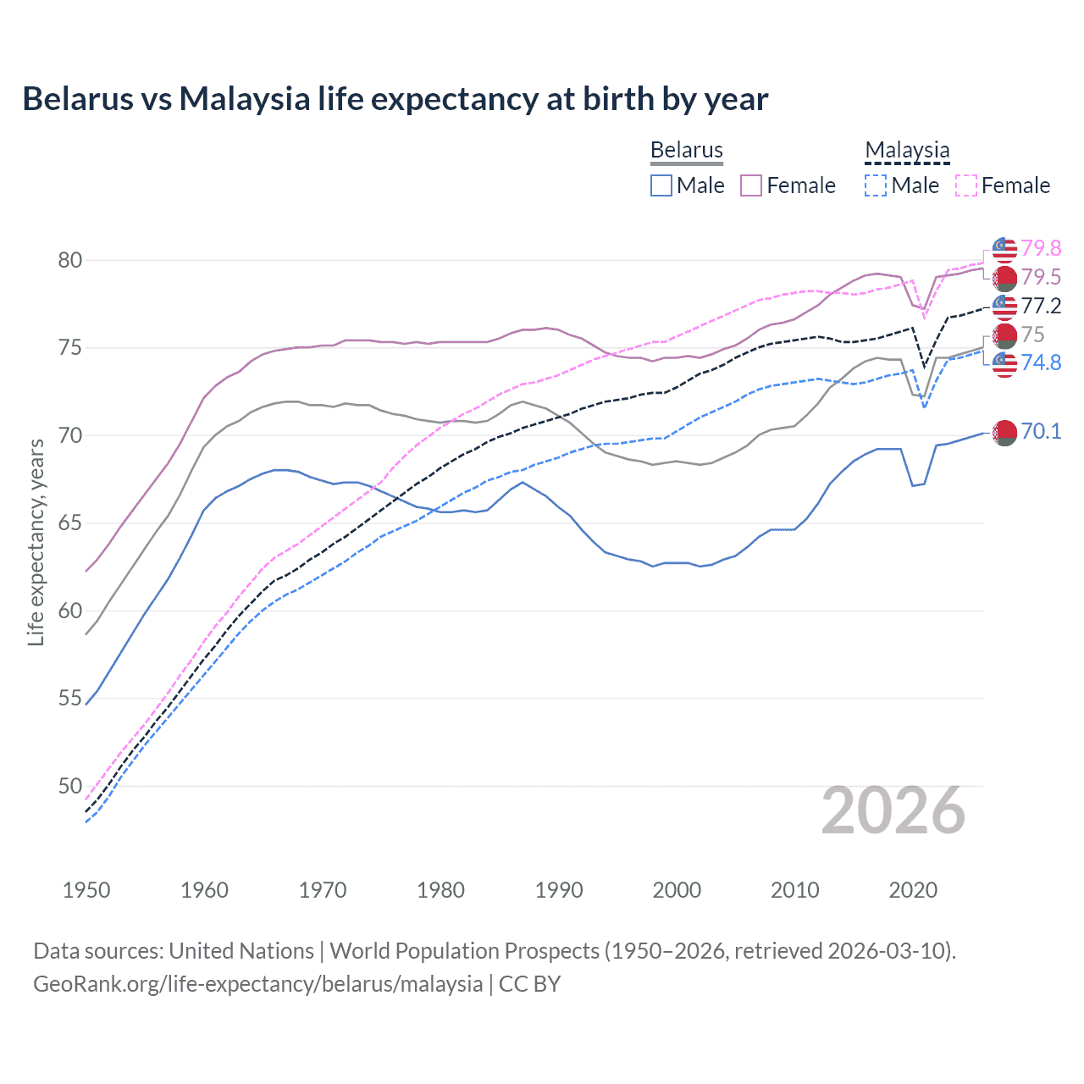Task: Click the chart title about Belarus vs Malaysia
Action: [395, 99]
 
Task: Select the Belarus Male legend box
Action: [661, 185]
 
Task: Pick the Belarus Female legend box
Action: [751, 185]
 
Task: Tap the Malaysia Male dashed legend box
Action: [876, 185]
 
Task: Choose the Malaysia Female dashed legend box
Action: [965, 185]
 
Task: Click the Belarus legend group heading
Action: [686, 150]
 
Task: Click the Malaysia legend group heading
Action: [907, 150]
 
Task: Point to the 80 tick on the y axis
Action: [70, 260]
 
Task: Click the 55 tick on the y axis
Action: [70, 699]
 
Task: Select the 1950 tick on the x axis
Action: [86, 890]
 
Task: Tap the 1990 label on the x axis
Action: [559, 890]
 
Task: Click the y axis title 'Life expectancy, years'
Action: [36, 542]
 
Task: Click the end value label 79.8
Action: [1041, 248]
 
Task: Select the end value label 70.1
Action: [1041, 431]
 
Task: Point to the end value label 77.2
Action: [1041, 306]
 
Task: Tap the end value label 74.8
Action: [1041, 362]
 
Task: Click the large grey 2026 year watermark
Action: [893, 810]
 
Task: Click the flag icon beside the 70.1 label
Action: [1004, 432]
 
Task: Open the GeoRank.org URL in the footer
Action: [257, 984]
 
